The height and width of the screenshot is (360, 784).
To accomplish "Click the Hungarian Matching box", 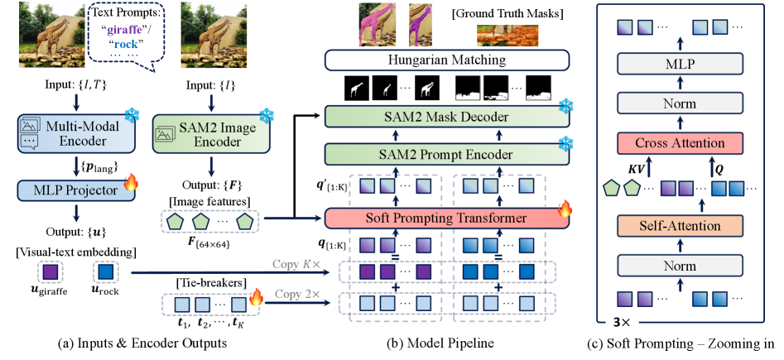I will [x=447, y=60].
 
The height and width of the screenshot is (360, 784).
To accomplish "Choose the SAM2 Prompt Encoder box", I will [x=447, y=154].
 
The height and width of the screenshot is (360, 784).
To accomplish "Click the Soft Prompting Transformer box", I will [x=447, y=218].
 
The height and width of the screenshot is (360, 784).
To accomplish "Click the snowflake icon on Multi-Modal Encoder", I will [x=130, y=116].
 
